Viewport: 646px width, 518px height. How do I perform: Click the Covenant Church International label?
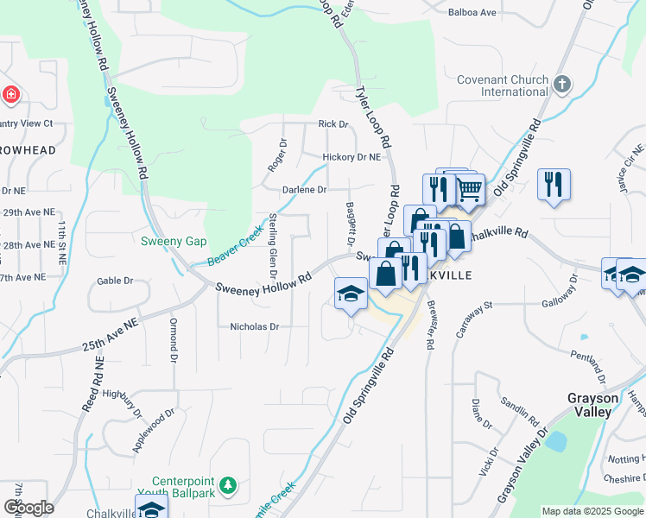coord(503,85)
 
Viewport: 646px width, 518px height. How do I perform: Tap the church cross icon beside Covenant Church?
coord(562,84)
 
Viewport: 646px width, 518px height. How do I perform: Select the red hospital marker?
coord(10,94)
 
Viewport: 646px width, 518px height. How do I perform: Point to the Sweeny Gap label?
coord(174,241)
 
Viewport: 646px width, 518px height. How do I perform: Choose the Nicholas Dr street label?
coord(255,326)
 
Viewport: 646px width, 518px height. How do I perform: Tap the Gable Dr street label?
coord(115,281)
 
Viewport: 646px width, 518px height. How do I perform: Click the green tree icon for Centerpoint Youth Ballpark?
coord(227,486)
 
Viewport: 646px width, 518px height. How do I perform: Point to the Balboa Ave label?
coord(472,12)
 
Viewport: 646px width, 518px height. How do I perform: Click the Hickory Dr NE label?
coord(351,157)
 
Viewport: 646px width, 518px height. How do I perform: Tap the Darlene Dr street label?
coord(304,189)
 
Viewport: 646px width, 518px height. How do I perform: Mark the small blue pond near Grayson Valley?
coord(555,441)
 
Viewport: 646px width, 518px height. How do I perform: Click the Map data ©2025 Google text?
coord(592,511)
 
